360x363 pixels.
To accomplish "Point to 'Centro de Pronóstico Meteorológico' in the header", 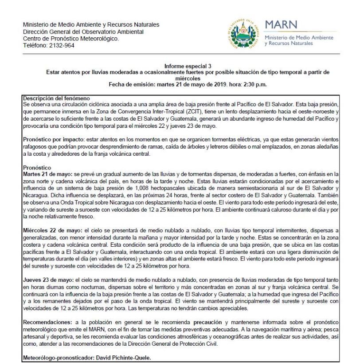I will [70, 39].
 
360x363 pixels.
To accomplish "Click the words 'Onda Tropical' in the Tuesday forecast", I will [71, 200].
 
